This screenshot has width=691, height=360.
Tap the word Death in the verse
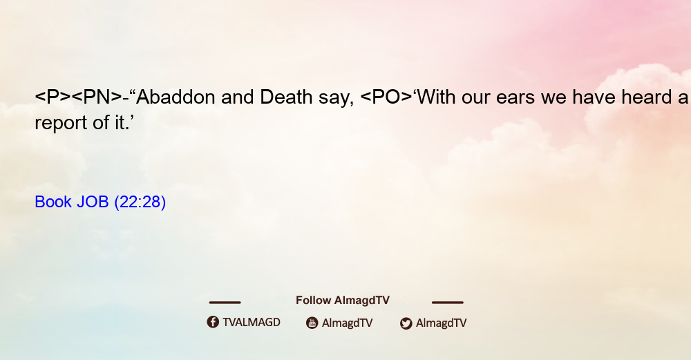tap(286, 97)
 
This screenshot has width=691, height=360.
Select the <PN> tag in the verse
tap(97, 97)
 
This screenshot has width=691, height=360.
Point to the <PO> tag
tap(386, 97)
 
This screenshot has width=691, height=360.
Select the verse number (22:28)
tap(140, 202)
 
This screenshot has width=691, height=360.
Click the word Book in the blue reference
tap(53, 202)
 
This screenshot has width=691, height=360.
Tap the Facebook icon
tap(213, 322)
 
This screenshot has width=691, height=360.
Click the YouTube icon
tap(312, 323)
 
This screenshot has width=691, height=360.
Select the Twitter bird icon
tap(406, 323)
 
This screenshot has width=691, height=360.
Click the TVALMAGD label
tap(252, 323)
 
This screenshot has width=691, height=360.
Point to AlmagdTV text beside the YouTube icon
tap(348, 323)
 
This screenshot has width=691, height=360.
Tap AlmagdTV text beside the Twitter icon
tap(441, 323)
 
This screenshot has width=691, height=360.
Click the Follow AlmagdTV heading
tap(343, 301)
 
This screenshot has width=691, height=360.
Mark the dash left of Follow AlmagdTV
tap(225, 302)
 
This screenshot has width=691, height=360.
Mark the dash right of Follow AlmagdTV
tap(448, 302)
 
